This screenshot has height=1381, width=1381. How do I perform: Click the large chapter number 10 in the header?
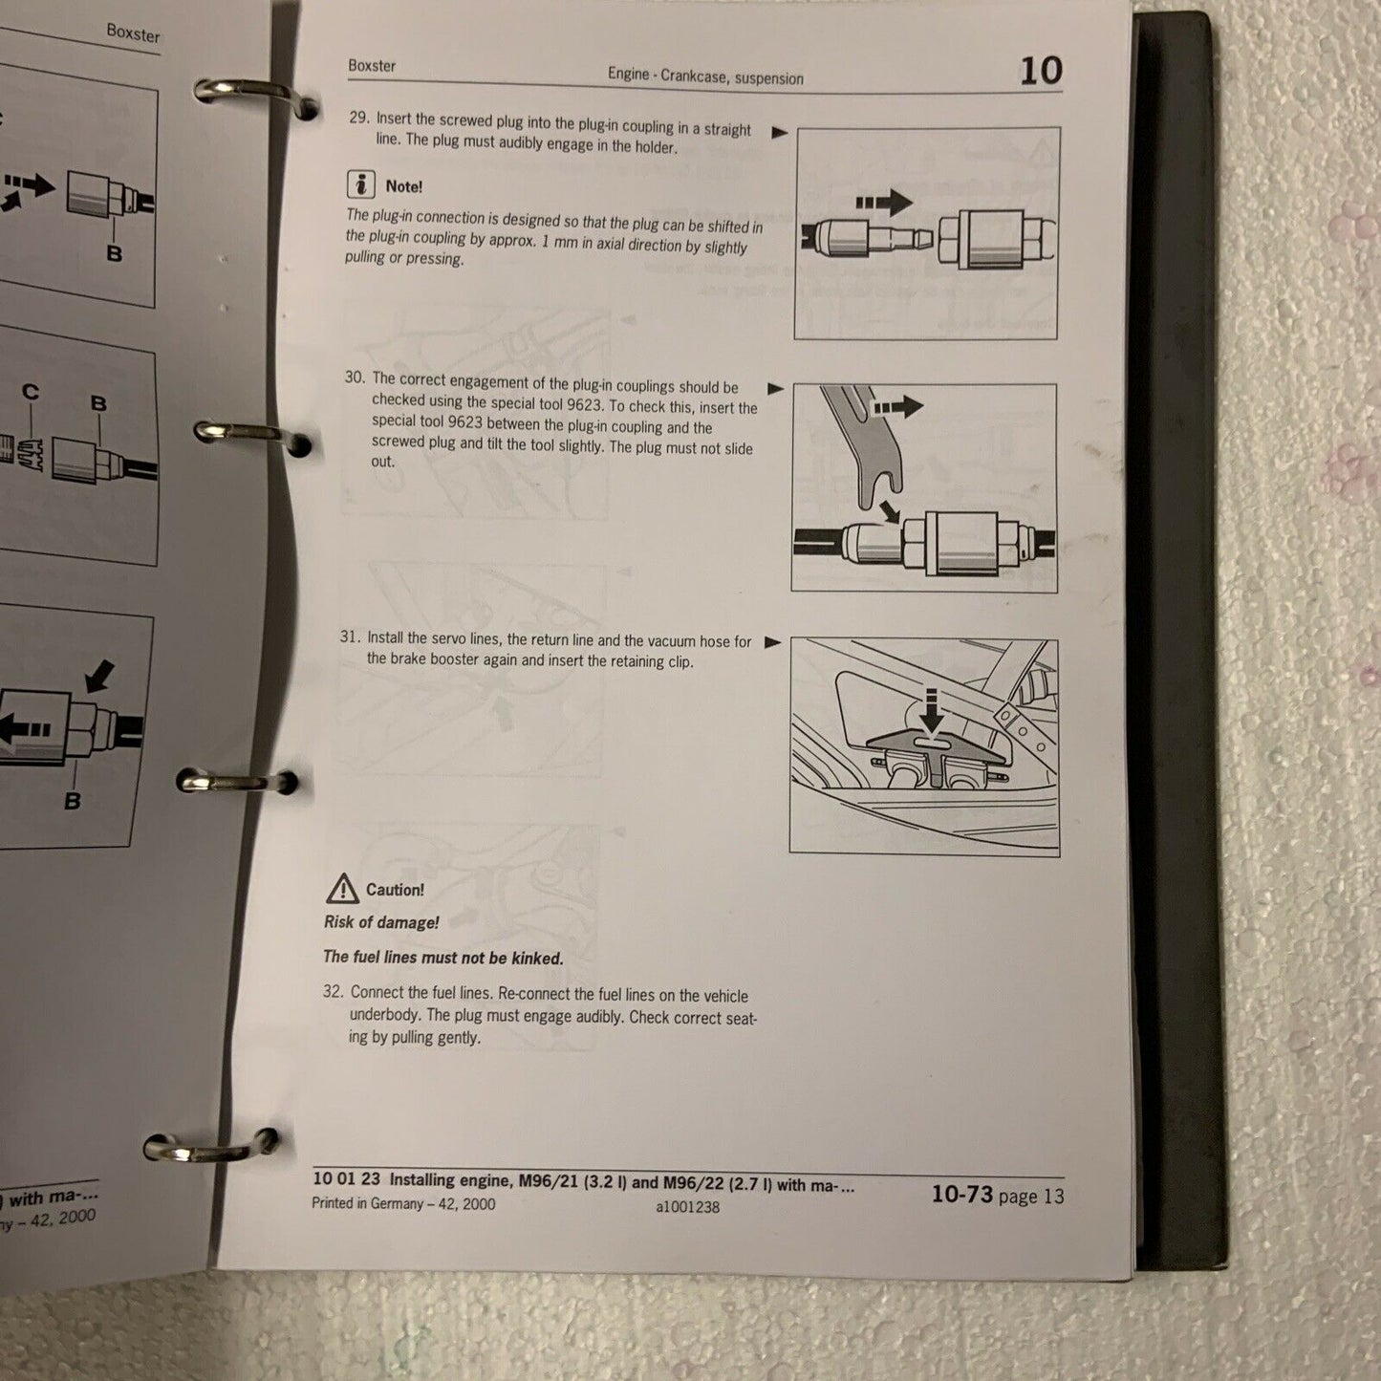tap(1041, 71)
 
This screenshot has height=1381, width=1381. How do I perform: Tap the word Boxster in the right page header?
tap(371, 66)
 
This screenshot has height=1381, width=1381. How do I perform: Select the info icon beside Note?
tap(360, 184)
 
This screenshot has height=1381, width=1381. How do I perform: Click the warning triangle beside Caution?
tap(342, 888)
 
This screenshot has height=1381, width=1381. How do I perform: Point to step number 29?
tap(359, 118)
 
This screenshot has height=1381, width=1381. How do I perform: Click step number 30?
tap(355, 378)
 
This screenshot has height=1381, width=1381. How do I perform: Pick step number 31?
tap(349, 637)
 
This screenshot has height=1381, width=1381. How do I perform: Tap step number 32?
tap(334, 992)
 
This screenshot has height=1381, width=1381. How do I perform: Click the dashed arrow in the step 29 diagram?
tap(884, 202)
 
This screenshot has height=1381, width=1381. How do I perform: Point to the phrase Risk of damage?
tap(381, 922)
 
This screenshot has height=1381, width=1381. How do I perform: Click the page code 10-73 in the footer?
tap(961, 1194)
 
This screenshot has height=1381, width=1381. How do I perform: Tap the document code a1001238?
tap(687, 1207)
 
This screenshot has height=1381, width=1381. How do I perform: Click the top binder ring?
tap(254, 97)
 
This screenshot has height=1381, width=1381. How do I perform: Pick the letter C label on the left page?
tap(30, 393)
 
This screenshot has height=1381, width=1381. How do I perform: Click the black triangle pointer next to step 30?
tap(775, 389)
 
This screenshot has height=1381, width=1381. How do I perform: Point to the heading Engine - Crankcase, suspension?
tap(705, 76)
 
